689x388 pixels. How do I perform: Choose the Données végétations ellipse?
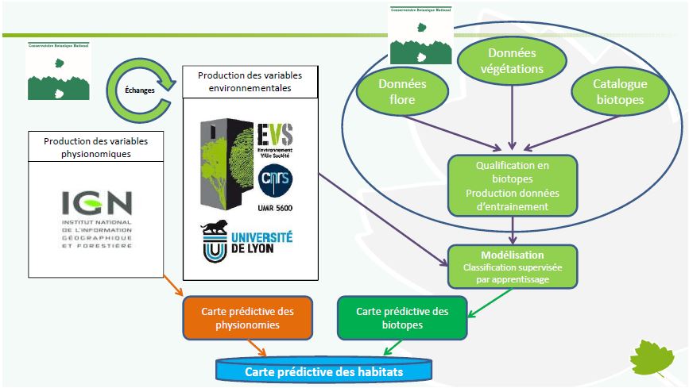click(x=512, y=61)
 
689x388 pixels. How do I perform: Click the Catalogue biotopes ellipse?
click(x=619, y=93)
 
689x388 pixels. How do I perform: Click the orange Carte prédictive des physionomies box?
click(x=239, y=317)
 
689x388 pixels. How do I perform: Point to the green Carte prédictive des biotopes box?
click(x=402, y=317)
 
